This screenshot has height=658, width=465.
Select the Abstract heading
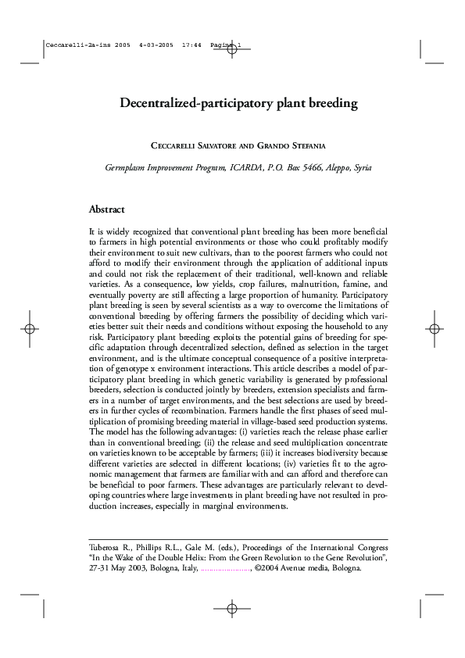point(108,209)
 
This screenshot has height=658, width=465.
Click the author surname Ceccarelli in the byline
point(174,145)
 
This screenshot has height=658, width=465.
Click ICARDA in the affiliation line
point(245,167)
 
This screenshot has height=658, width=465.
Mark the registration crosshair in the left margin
point(29,329)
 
